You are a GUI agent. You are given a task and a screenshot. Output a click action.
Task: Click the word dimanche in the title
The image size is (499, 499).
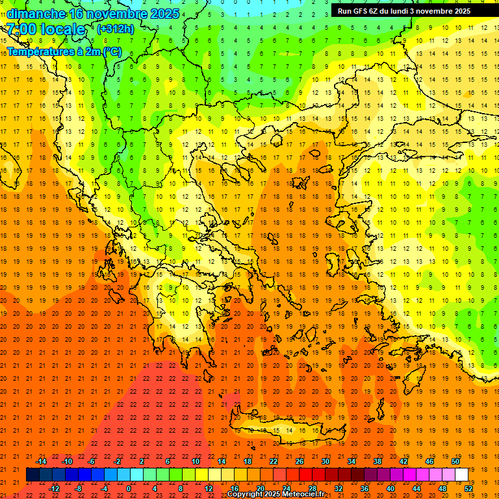[36, 14]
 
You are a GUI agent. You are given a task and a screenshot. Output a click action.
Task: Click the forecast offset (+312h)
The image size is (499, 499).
[116, 29]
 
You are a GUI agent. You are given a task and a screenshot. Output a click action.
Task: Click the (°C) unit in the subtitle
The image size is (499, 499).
[110, 51]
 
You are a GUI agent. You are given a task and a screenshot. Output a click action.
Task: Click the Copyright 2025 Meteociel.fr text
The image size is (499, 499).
[275, 494]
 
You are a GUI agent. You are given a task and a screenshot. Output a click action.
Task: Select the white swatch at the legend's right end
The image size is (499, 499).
[461, 474]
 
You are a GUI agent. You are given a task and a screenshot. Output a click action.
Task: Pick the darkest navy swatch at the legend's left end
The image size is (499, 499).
[32, 474]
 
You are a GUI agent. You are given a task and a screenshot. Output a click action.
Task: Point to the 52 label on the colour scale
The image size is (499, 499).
[469, 488]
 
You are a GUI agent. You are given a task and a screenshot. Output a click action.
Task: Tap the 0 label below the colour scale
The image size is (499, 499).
[129, 488]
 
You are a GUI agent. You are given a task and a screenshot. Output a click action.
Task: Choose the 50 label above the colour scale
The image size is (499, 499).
[455, 461]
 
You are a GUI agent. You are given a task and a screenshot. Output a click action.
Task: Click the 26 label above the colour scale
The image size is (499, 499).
[300, 461]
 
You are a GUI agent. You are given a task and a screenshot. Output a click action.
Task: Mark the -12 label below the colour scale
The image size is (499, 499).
[54, 488]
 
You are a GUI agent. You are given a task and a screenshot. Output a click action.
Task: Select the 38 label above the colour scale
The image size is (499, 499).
[377, 461]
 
